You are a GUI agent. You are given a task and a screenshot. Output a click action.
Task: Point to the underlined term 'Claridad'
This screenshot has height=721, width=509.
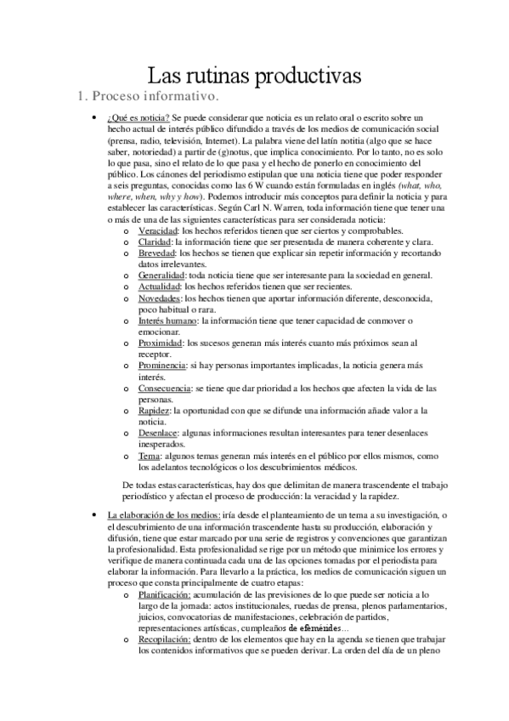click(x=156, y=241)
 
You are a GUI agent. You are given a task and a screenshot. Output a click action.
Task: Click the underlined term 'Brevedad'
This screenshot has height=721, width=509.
click(x=157, y=253)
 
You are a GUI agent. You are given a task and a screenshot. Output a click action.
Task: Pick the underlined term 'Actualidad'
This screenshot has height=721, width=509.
click(x=159, y=287)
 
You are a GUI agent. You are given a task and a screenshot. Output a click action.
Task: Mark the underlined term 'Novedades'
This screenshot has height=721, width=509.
click(x=159, y=298)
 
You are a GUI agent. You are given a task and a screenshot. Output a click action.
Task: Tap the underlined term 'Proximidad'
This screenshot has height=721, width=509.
click(x=161, y=343)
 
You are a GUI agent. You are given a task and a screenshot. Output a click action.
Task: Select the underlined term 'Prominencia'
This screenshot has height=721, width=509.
click(x=162, y=365)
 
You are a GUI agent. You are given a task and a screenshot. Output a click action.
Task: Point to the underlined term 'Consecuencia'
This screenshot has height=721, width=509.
click(x=164, y=388)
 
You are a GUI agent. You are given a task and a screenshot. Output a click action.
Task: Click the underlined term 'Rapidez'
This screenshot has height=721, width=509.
click(x=154, y=411)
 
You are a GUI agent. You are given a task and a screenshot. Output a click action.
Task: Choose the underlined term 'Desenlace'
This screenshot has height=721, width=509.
click(x=158, y=433)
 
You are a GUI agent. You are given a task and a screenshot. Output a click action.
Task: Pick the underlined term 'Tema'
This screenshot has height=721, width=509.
click(x=148, y=456)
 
